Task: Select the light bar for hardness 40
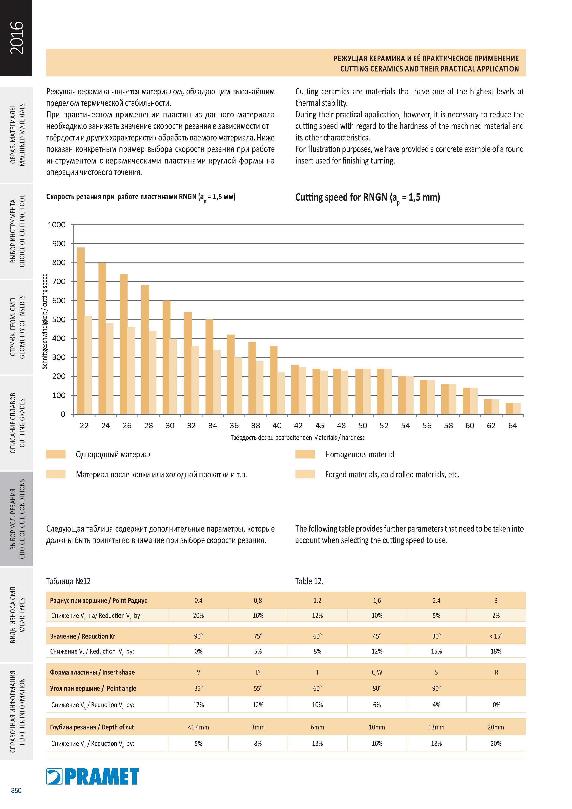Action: point(281,393)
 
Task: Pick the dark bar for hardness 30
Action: point(166,357)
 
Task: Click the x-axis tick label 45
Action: point(320,426)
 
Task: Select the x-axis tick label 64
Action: point(512,426)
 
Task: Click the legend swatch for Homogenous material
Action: point(305,454)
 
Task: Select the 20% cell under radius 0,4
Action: point(198,616)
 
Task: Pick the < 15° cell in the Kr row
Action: point(496,636)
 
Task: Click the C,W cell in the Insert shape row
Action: point(377,672)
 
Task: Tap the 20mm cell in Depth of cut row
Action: point(496,727)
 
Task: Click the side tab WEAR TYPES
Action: point(22,615)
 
